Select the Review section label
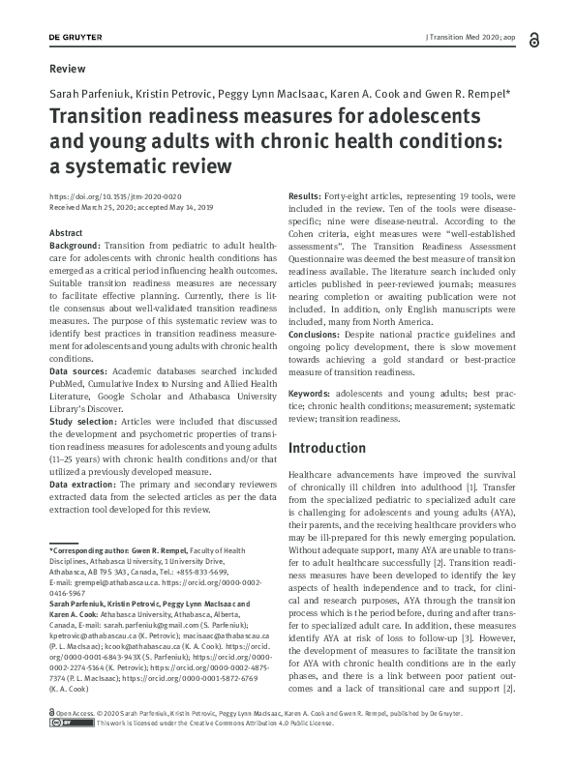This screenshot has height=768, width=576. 67,69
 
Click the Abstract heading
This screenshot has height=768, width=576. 66,234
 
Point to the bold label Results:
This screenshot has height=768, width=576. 309,197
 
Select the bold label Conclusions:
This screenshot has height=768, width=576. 321,335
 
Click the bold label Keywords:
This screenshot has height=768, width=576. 313,396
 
